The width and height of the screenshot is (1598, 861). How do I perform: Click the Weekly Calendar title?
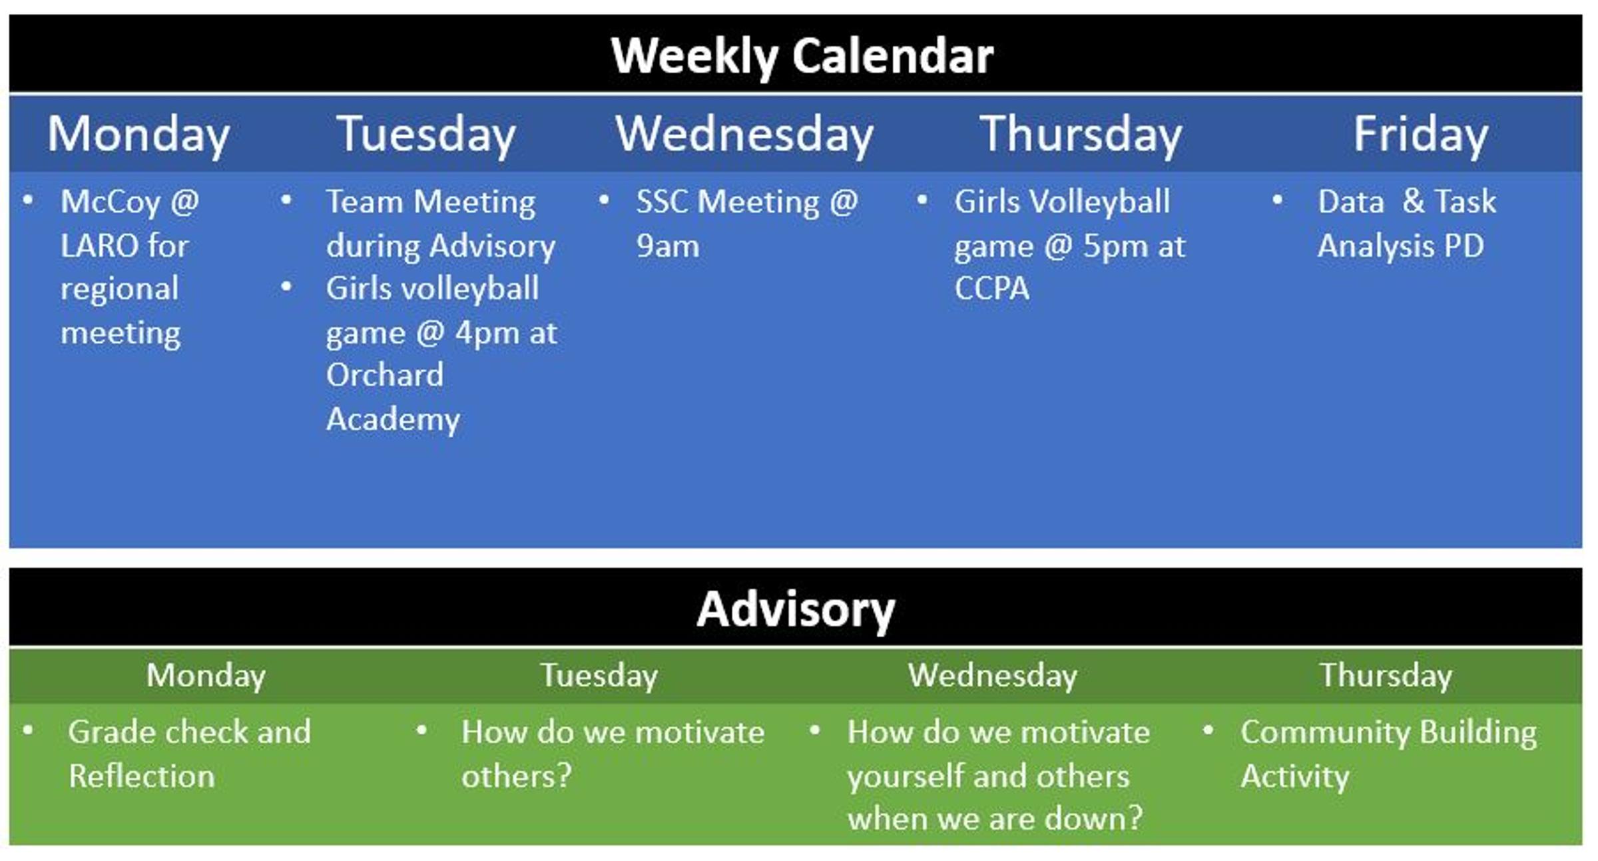point(802,56)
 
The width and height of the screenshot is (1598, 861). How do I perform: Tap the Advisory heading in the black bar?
point(796,610)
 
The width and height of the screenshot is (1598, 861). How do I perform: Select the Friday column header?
point(1421,135)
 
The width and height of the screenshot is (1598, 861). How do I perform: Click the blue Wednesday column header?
point(744,135)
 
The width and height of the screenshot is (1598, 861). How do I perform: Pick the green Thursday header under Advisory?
point(1386,677)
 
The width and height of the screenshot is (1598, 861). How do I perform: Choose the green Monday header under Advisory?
point(206,677)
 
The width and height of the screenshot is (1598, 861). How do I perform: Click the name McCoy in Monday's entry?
point(111,202)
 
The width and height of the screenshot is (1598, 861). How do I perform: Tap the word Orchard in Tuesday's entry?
point(385,376)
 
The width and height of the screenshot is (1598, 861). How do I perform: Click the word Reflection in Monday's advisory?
point(142,776)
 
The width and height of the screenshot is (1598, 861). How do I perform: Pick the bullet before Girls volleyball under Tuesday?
point(287,287)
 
